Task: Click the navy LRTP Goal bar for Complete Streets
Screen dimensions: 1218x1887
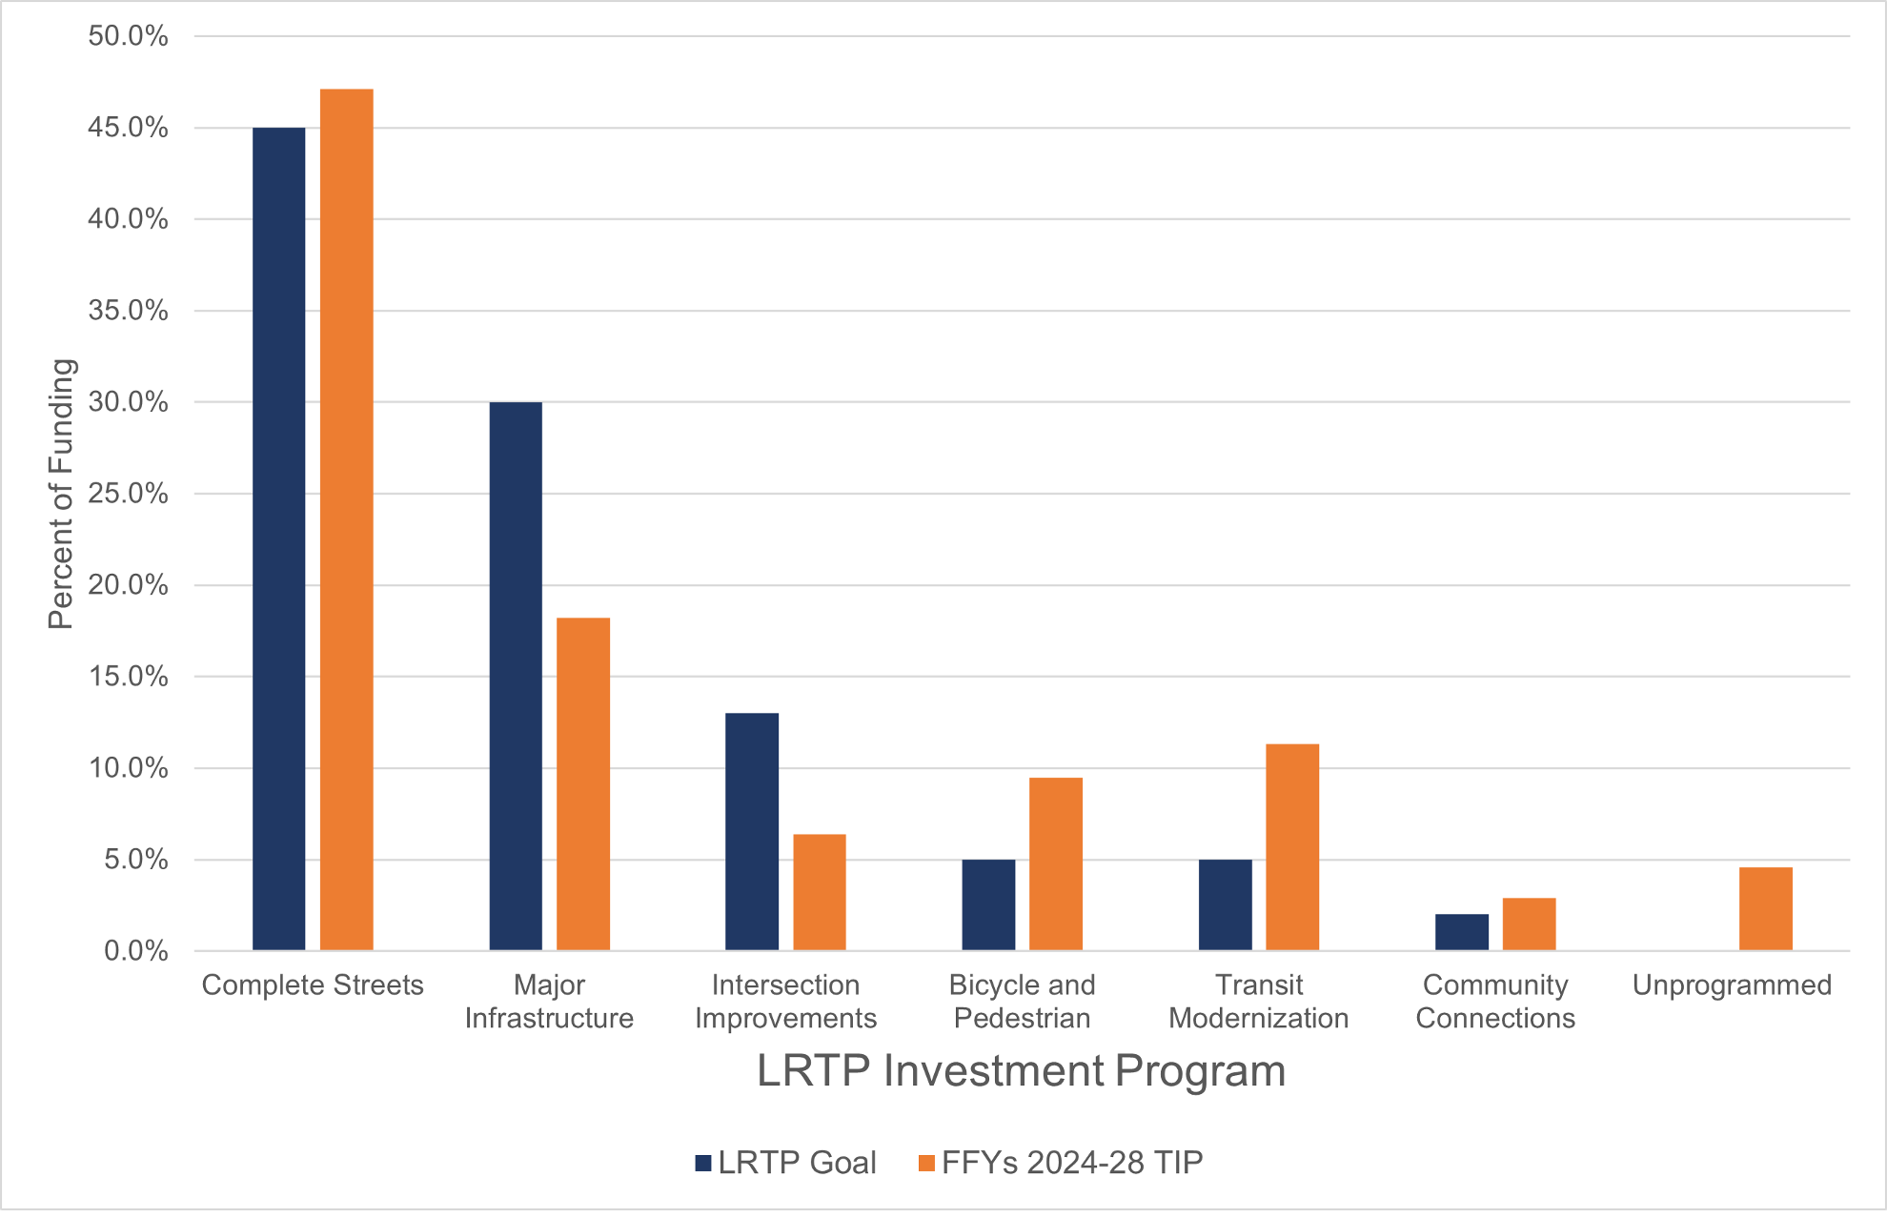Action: click(278, 538)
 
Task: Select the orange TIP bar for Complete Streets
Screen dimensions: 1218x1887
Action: click(346, 519)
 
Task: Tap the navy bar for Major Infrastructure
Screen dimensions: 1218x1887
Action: click(516, 676)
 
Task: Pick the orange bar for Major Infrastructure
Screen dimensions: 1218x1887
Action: click(583, 783)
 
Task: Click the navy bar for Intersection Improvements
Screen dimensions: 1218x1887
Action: click(752, 831)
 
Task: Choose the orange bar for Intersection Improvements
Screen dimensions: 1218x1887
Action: click(820, 892)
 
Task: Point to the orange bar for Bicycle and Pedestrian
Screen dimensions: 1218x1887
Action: click(1056, 863)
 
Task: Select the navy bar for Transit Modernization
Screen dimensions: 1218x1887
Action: click(1225, 904)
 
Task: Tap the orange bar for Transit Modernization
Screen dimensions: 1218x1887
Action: click(1292, 846)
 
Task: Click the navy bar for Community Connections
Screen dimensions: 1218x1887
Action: click(1461, 932)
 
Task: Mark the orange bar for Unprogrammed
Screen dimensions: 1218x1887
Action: click(1765, 908)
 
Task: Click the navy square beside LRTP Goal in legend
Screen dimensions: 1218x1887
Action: click(704, 1163)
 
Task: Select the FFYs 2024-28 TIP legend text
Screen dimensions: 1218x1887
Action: click(1072, 1163)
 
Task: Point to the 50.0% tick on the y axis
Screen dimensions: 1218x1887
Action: click(128, 36)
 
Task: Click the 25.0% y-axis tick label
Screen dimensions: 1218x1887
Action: click(128, 494)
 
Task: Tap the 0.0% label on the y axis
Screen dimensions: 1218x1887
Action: click(135, 951)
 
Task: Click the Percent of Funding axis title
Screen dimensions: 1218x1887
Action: click(60, 494)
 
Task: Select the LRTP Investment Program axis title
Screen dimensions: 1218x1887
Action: click(1021, 1071)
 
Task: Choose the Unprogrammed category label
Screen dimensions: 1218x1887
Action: click(1732, 985)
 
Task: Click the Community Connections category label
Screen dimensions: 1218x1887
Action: click(1495, 1002)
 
